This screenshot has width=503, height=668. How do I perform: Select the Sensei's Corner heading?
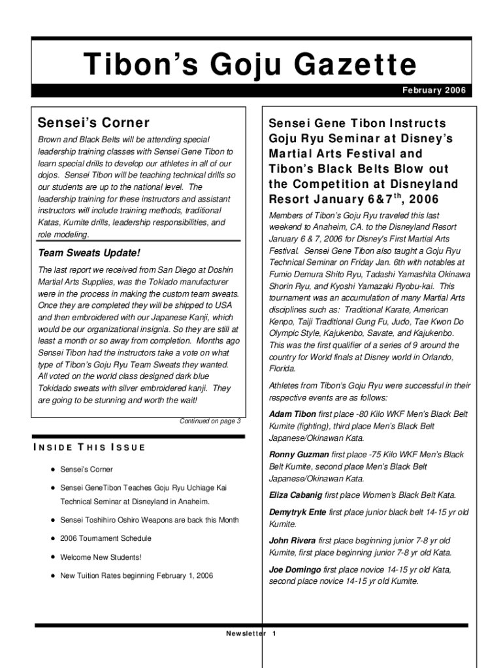[93, 123]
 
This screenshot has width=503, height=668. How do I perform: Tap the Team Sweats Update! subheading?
[80, 252]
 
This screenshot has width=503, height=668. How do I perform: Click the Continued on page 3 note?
[210, 421]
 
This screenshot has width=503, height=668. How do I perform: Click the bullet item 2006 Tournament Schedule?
[106, 538]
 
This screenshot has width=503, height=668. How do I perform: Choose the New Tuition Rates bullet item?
[137, 575]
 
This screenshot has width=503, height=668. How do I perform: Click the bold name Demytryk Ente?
[297, 512]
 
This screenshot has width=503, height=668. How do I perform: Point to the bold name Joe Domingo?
[295, 569]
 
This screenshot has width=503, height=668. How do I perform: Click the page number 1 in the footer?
[275, 634]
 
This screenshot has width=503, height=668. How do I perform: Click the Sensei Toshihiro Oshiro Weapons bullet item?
[149, 520]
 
